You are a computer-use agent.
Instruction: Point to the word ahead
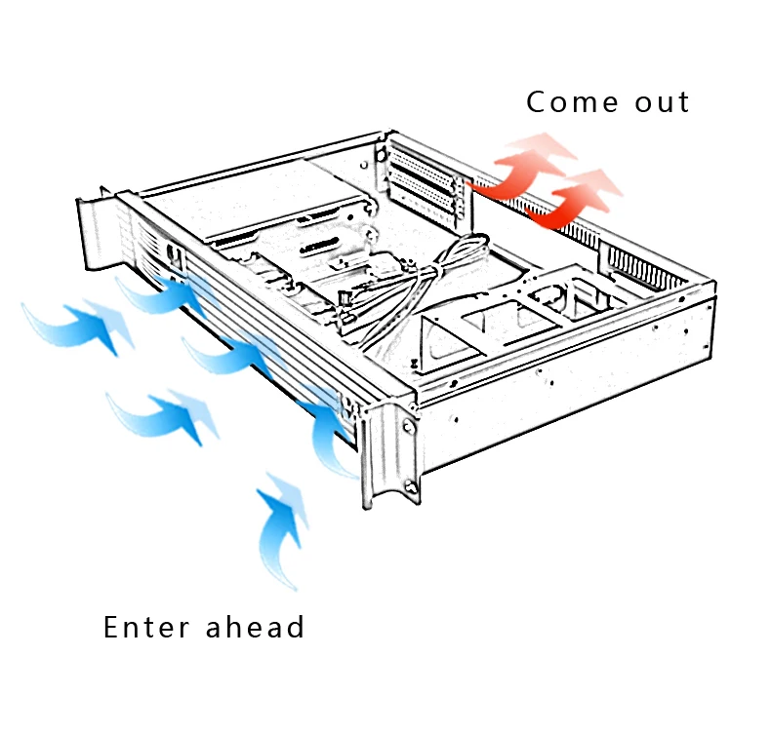pos(256,627)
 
